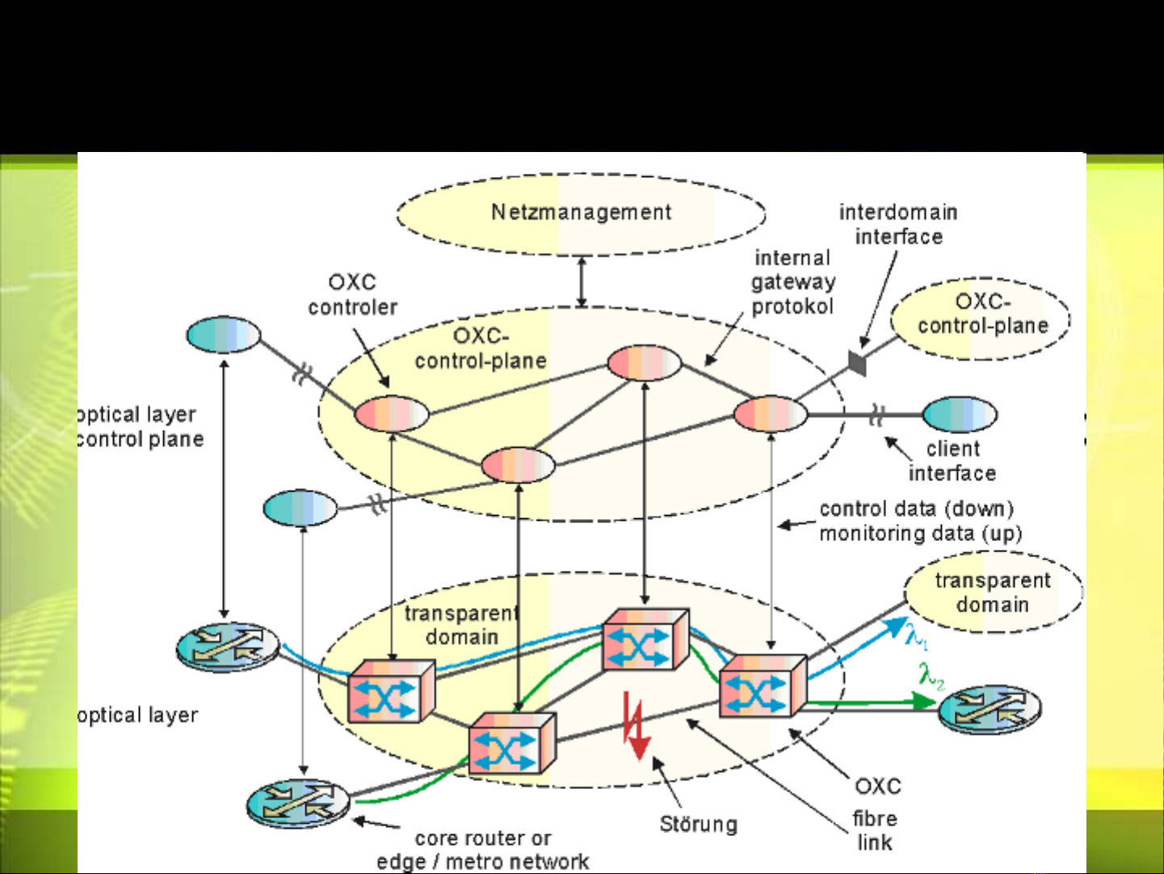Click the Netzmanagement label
click(x=581, y=212)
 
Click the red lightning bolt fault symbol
click(x=636, y=725)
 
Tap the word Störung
click(x=699, y=824)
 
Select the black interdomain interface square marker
click(x=857, y=363)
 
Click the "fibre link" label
click(x=875, y=830)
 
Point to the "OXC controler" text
click(x=352, y=294)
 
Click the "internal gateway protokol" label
click(x=792, y=281)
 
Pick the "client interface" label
click(x=952, y=461)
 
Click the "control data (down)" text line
click(x=916, y=509)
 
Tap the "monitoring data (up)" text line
click(x=921, y=534)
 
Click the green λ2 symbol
click(x=931, y=674)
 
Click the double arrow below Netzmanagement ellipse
click(x=582, y=281)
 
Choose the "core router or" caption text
click(x=483, y=838)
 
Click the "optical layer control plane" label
click(x=139, y=426)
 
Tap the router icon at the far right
click(x=990, y=709)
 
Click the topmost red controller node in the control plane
click(x=644, y=363)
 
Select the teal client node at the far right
click(x=960, y=415)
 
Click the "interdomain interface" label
click(x=898, y=224)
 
